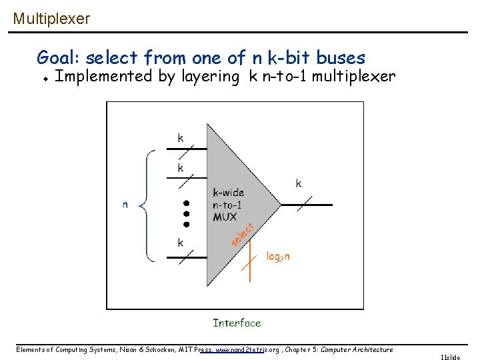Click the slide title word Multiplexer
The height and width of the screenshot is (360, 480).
51,19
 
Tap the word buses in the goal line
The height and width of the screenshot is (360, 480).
341,57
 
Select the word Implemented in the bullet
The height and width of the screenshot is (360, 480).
103,76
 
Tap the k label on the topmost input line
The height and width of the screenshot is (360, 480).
180,138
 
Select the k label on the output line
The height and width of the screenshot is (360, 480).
298,183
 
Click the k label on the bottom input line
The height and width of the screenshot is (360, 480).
180,243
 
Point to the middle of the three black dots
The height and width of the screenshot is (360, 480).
187,213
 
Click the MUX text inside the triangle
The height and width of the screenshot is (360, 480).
225,217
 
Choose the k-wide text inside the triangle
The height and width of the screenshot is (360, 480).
229,193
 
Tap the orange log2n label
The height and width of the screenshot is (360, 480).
278,256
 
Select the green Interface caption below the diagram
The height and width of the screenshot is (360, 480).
237,323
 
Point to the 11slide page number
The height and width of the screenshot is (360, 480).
450,357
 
